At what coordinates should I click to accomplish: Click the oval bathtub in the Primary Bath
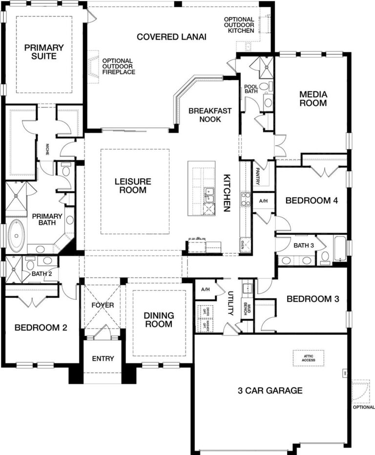pos(16,236)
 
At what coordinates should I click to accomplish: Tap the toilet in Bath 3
pos(325,257)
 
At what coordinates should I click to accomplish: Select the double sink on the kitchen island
pos(209,194)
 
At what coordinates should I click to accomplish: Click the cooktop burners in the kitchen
pos(245,199)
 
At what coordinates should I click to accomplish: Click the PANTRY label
pos(257,175)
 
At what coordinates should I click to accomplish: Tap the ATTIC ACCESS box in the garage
pos(308,358)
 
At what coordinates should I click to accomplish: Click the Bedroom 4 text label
pos(312,200)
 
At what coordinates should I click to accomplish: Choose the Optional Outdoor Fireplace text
pos(119,66)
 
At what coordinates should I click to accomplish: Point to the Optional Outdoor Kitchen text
pos(239,25)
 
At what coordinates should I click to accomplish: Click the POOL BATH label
pos(251,88)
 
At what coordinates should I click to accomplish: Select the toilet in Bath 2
pos(30,266)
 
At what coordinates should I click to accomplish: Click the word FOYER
pos(103,305)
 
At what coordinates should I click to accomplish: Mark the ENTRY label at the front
pos(103,359)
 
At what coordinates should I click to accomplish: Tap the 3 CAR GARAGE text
pos(270,391)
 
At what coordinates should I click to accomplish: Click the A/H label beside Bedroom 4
pos(263,201)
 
